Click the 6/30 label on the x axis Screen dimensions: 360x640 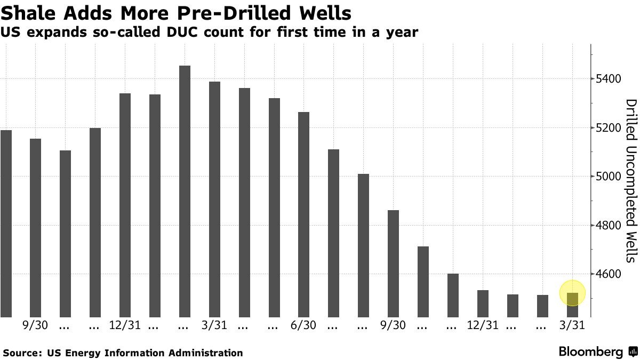point(303,325)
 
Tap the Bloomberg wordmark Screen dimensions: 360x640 point(590,352)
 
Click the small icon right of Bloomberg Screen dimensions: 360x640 point(633,352)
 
